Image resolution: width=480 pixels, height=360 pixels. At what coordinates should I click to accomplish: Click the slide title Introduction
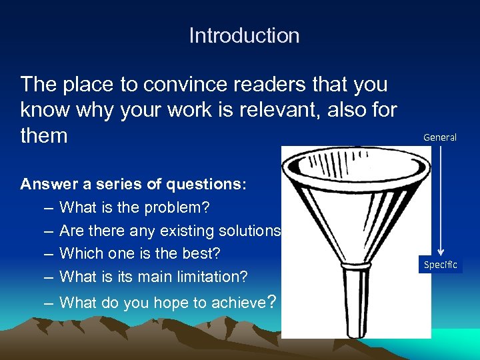click(244, 35)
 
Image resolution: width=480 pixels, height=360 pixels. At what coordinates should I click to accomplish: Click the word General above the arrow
click(440, 137)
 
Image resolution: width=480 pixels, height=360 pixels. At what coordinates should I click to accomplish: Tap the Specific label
click(441, 265)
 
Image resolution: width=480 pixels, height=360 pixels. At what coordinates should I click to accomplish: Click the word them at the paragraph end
click(44, 136)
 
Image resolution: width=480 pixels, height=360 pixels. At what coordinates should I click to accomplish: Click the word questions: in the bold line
click(211, 185)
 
